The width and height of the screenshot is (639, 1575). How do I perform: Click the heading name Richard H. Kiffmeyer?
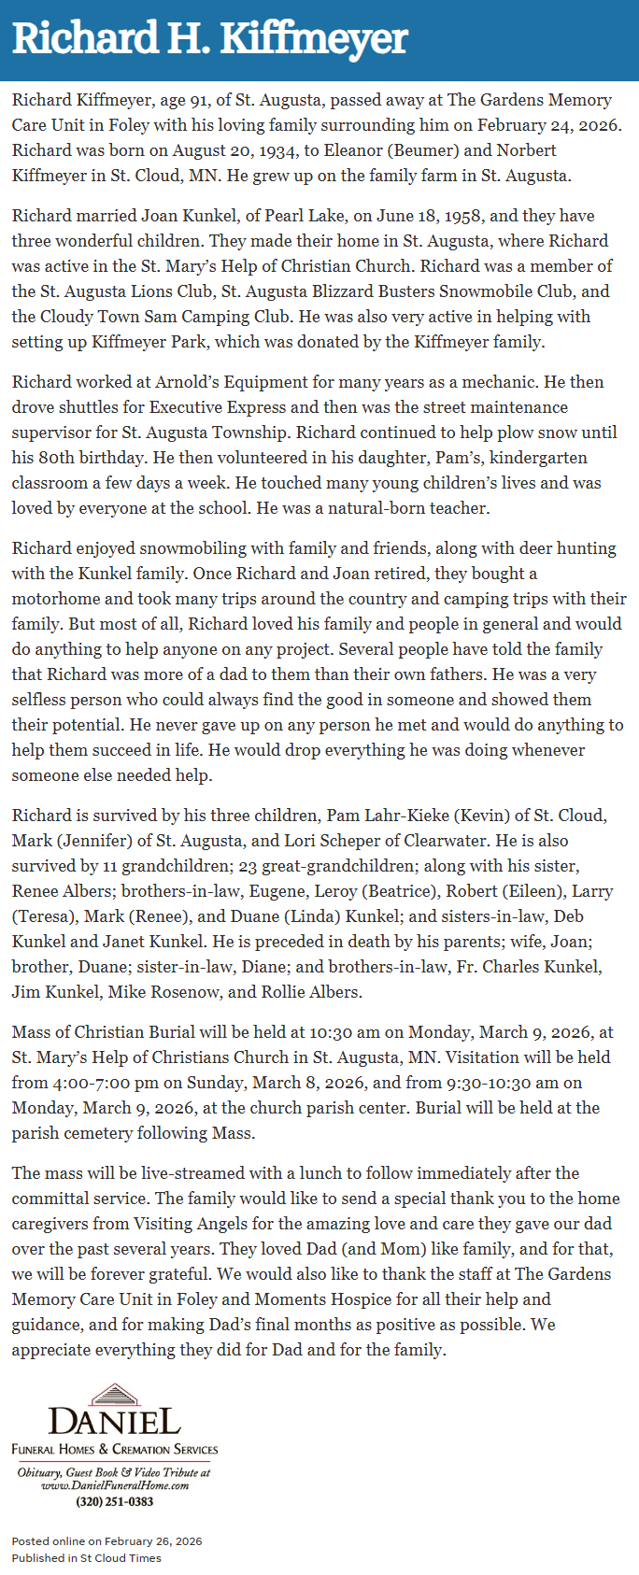pos(210,39)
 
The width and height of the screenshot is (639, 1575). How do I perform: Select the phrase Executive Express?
pos(217,407)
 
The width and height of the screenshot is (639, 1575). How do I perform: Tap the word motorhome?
pos(55,599)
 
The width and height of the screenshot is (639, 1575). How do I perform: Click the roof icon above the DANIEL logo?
pos(114,1396)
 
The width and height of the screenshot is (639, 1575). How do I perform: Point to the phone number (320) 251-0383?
pos(114,1502)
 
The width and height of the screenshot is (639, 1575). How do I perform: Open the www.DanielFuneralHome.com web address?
pos(114,1485)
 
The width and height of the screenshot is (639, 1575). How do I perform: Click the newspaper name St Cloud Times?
pos(121,1558)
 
